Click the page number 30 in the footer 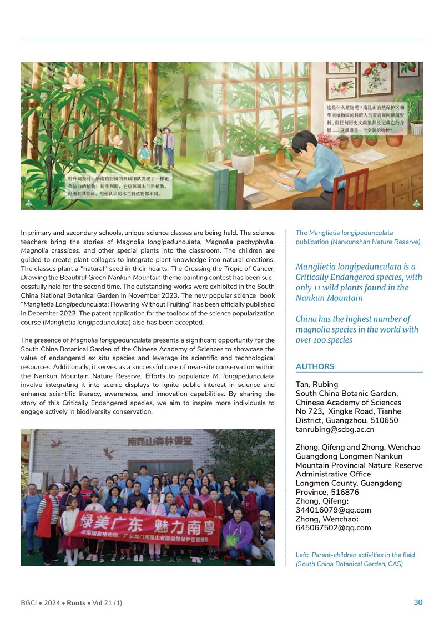point(418,602)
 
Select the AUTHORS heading point(315,366)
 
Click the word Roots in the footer point(76,603)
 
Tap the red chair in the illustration point(350,189)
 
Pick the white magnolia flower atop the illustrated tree point(74,81)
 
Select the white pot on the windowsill point(243,162)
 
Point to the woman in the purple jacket point(237,533)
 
